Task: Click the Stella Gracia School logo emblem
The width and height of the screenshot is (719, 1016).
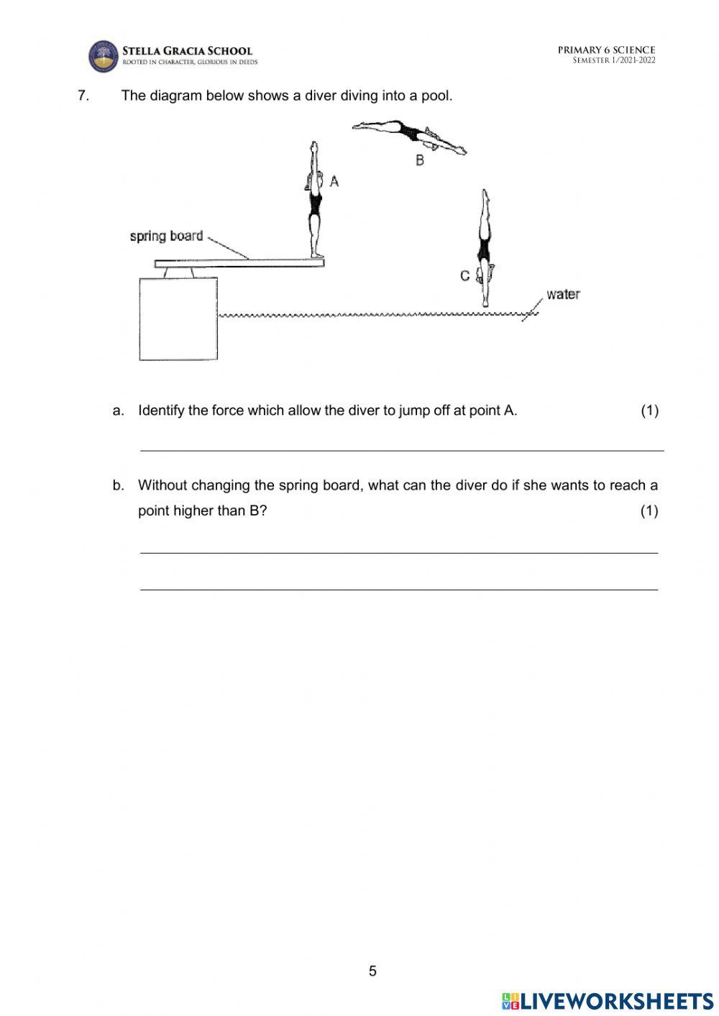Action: pyautogui.click(x=103, y=56)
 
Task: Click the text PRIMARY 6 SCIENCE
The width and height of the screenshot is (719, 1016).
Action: pyautogui.click(x=606, y=50)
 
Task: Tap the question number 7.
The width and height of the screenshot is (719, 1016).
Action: pyautogui.click(x=83, y=96)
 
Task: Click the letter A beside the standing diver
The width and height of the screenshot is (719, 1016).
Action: pyautogui.click(x=334, y=182)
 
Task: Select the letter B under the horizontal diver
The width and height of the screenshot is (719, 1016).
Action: pyautogui.click(x=420, y=160)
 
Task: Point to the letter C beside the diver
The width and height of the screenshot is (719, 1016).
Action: pyautogui.click(x=464, y=275)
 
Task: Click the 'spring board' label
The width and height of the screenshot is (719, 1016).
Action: pyautogui.click(x=166, y=236)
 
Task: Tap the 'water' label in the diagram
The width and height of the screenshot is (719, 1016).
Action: pyautogui.click(x=562, y=294)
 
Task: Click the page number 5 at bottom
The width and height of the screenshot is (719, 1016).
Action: pyautogui.click(x=372, y=971)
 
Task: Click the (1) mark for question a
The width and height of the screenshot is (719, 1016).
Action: pyautogui.click(x=649, y=411)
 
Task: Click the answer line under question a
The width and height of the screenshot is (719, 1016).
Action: pyautogui.click(x=401, y=450)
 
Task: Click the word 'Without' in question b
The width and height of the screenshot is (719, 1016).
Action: pyautogui.click(x=162, y=485)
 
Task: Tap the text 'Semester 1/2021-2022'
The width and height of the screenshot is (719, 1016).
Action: pyautogui.click(x=613, y=60)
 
